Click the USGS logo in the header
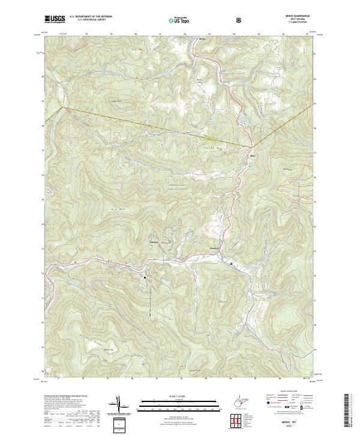55,19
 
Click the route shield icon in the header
205,19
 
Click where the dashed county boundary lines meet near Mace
250,146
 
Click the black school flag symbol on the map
145,277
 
